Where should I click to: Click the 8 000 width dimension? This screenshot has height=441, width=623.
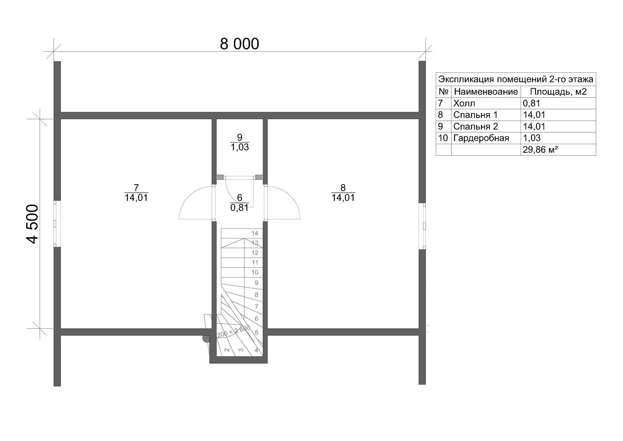pos(239,44)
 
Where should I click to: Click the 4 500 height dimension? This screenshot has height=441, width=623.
pos(32,224)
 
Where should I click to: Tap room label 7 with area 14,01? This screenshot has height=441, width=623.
pos(136,192)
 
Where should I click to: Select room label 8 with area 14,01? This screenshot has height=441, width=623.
pos(343,192)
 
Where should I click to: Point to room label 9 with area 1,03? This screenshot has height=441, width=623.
pos(239,142)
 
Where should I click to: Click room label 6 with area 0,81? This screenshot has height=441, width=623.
pos(239,203)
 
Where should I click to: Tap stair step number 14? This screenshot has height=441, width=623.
pos(255,233)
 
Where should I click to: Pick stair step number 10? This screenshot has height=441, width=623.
pos(255,272)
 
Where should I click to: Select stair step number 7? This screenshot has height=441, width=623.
pos(257,307)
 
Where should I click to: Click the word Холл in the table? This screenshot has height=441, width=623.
pos(464,103)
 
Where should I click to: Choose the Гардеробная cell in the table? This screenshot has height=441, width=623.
pos(481,138)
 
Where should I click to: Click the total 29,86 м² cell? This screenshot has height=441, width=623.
pos(541,150)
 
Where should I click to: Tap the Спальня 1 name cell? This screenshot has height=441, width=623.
pos(475,115)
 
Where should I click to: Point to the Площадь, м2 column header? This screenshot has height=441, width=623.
pos(558,91)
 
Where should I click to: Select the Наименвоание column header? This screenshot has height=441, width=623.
pos(486,91)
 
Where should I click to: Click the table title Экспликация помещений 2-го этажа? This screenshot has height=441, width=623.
pos(516,80)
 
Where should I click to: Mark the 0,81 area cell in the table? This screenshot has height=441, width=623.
pos(531,103)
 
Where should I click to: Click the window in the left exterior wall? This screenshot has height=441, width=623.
pos(55,224)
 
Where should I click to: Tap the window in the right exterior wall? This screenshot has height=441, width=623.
pos(424,226)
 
